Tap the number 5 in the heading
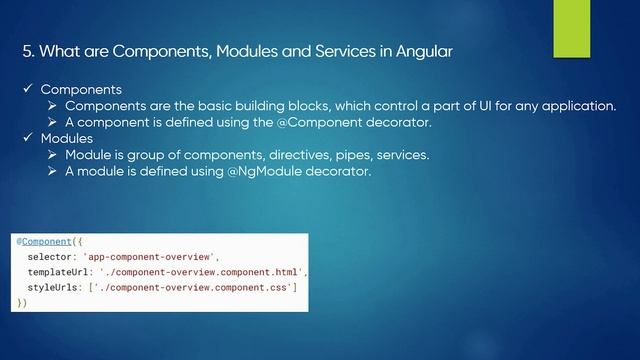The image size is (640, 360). point(27,52)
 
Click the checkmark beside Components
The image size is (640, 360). point(29,89)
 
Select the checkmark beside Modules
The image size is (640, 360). point(29,138)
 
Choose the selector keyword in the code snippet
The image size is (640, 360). point(51,257)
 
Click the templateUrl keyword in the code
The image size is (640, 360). point(59,272)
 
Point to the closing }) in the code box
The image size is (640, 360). point(22,302)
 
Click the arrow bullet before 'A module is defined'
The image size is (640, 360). point(54,171)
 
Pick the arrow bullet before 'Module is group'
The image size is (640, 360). point(54,155)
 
